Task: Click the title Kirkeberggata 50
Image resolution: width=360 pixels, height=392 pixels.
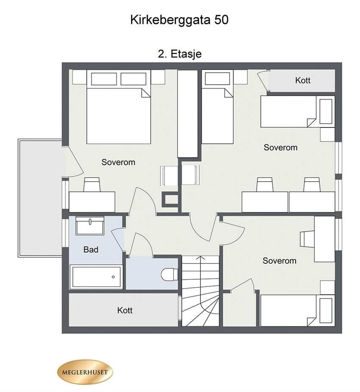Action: [179, 20]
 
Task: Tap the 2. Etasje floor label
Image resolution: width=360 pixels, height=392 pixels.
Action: [179, 54]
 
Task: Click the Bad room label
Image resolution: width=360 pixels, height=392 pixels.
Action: [91, 250]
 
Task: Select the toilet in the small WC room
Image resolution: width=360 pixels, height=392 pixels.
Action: [170, 274]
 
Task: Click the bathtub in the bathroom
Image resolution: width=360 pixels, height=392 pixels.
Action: [96, 277]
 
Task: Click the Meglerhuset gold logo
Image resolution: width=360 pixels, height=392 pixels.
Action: [85, 373]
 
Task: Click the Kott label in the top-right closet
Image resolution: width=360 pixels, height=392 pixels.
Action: [303, 80]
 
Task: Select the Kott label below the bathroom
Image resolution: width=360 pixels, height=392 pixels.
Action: [125, 311]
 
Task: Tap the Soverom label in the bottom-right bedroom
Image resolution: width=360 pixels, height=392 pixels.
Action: [280, 261]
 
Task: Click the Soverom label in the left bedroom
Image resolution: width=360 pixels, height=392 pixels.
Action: [118, 162]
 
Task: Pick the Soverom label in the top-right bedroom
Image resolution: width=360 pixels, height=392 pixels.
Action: [280, 148]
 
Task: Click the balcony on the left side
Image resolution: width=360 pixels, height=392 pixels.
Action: [41, 197]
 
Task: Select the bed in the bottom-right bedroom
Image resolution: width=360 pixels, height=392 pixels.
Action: [292, 310]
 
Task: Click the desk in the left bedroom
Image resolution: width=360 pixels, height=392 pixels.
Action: [92, 201]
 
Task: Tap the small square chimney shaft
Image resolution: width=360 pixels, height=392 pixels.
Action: [171, 199]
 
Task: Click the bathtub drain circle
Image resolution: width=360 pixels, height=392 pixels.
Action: [113, 277]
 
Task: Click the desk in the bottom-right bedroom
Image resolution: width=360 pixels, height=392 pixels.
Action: [324, 239]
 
